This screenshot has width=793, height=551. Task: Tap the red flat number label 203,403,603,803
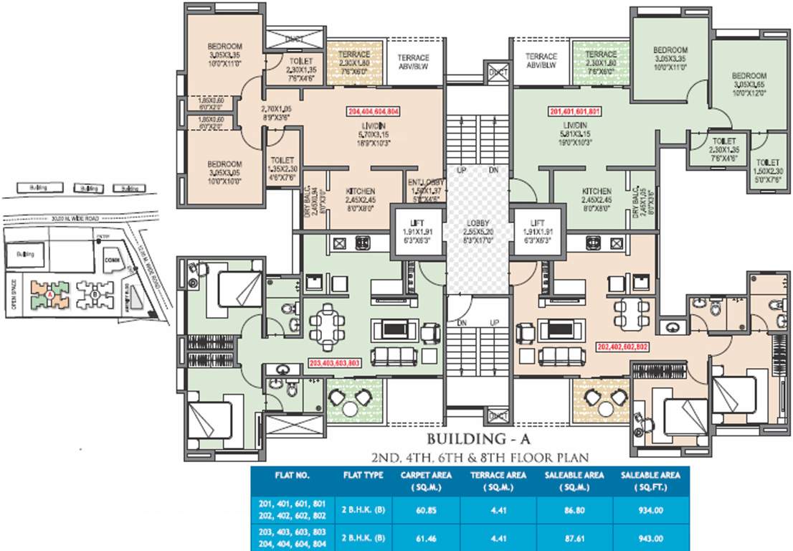pyautogui.click(x=333, y=363)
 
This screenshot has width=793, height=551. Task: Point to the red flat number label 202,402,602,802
pyautogui.click(x=622, y=346)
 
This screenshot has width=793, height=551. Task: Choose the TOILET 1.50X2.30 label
pyautogui.click(x=768, y=171)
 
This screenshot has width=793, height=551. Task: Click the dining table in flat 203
pyautogui.click(x=328, y=325)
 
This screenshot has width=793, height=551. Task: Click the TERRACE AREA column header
pyautogui.click(x=498, y=480)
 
